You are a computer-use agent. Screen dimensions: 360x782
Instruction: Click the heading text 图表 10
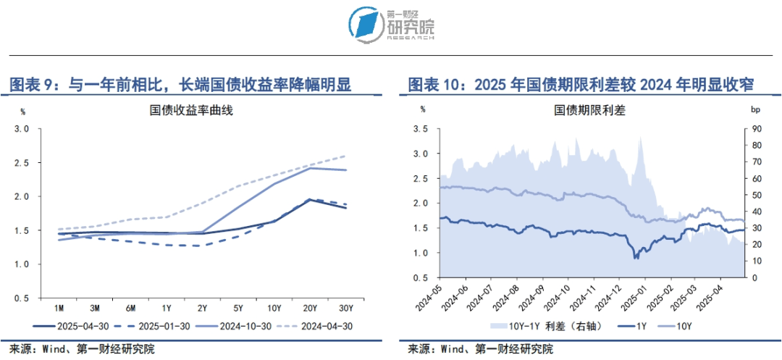[433, 85]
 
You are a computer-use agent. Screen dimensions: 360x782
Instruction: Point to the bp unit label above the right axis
[757, 109]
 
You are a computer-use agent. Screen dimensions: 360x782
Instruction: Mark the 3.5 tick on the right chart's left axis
[420, 129]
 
